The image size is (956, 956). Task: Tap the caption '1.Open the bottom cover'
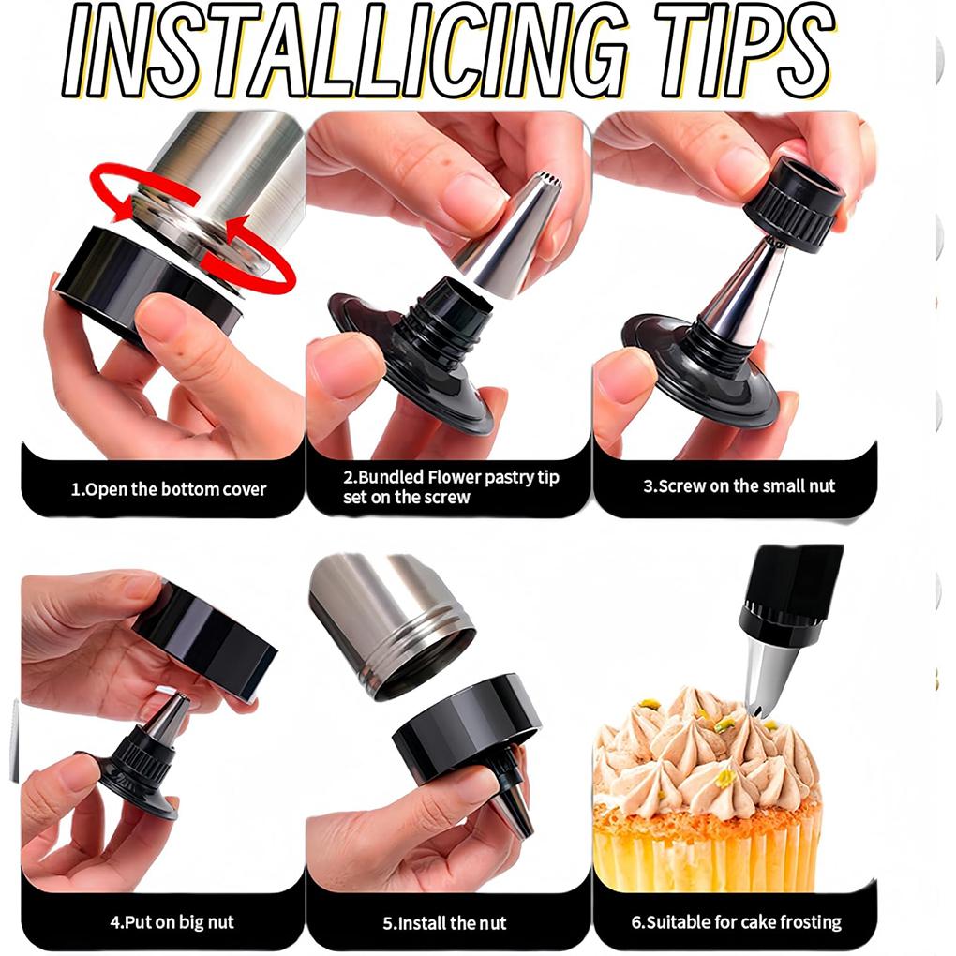pos(169,489)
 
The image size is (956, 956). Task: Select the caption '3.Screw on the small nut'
pos(739,485)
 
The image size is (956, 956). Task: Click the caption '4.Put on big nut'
pos(172,922)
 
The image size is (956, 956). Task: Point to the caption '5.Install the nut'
pos(444,923)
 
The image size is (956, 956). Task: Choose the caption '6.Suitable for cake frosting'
pos(737,922)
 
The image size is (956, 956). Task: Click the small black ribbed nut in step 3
pos(793,204)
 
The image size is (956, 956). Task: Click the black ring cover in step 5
pos(467,723)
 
